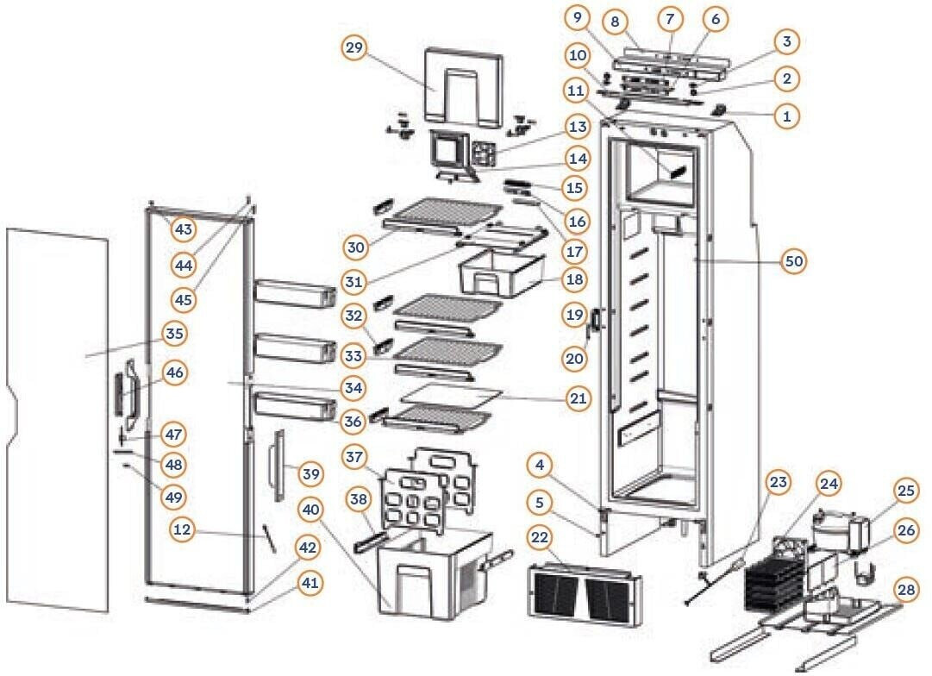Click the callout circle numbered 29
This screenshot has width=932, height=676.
point(353,48)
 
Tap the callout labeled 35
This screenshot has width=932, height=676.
point(175,333)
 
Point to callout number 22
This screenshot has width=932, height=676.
point(539,537)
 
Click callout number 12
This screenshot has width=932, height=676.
point(182,530)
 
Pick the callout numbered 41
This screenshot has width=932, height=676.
point(310,583)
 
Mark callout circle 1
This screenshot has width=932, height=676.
point(785,115)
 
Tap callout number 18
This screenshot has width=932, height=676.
point(574,279)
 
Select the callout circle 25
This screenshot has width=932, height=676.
point(905,491)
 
